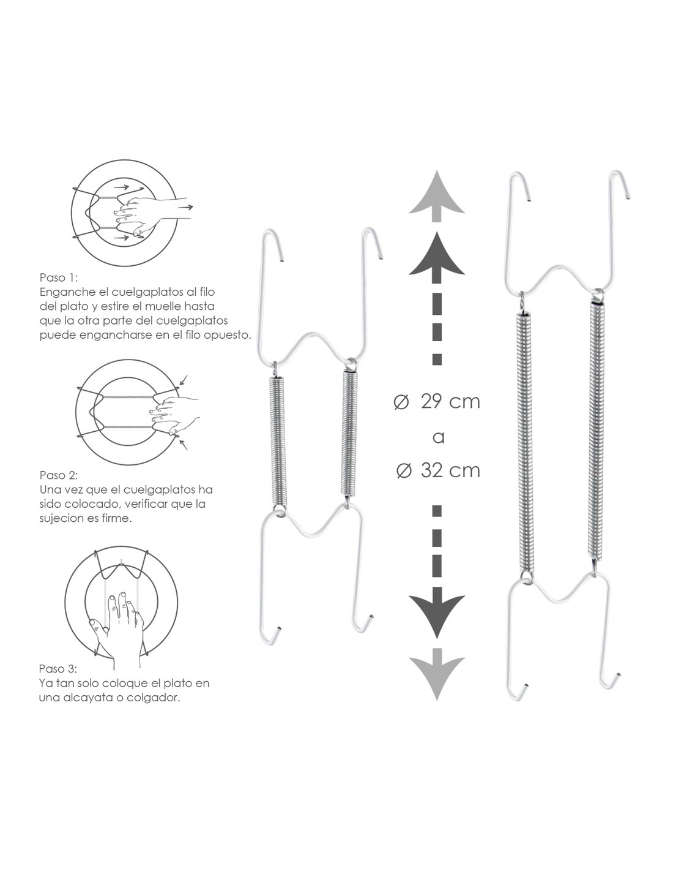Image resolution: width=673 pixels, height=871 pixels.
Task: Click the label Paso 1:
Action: [x=59, y=277]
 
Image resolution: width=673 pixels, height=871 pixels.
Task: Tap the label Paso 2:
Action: [x=59, y=475]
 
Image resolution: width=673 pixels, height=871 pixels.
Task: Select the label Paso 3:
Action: [x=58, y=669]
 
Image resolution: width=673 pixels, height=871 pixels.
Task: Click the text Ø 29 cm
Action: [x=437, y=402]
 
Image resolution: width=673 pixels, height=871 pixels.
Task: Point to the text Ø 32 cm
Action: [x=438, y=470]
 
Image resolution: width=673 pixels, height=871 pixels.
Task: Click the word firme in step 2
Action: [x=119, y=518]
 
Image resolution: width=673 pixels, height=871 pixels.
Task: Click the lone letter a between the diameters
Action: [x=439, y=437]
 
